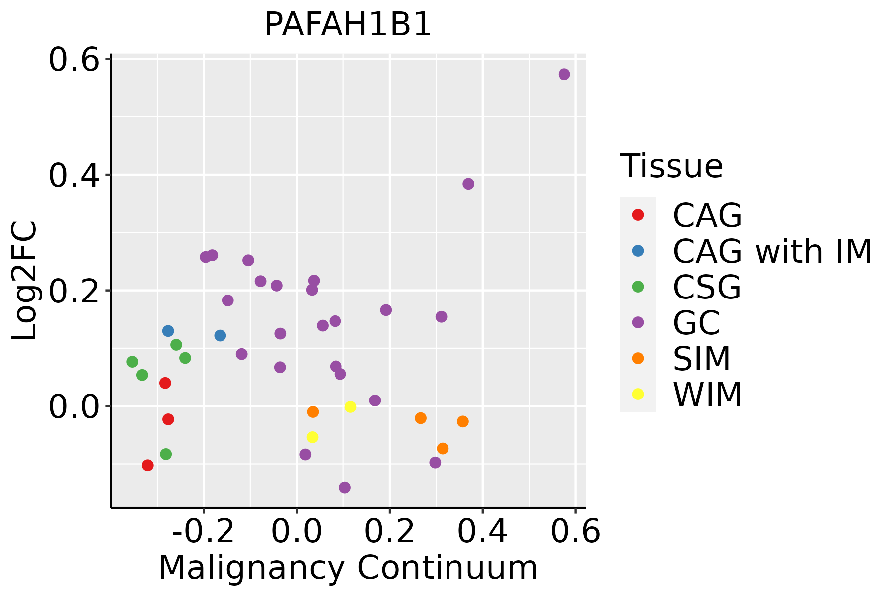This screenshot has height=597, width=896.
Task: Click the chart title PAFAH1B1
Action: (347, 25)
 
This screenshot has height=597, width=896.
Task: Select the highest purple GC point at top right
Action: (564, 74)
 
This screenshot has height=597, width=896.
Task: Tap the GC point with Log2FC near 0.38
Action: (468, 184)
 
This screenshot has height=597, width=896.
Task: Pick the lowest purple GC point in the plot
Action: (345, 487)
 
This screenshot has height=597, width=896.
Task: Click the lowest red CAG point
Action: (147, 465)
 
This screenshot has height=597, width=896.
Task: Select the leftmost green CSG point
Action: (132, 362)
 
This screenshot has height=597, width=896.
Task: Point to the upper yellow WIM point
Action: (350, 407)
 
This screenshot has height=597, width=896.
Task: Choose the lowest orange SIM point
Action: (443, 449)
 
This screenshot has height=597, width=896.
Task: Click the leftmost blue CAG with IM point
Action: (168, 331)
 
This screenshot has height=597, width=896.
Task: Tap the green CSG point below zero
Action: (166, 454)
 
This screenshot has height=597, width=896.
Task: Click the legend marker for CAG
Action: (638, 215)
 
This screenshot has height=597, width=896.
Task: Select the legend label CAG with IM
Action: (772, 251)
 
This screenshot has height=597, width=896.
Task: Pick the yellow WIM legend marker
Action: (638, 394)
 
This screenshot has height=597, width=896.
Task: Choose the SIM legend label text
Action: (701, 358)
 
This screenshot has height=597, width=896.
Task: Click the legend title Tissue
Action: (671, 166)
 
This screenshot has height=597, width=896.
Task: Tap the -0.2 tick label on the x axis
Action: (203, 532)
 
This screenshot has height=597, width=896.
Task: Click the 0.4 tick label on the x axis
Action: (482, 532)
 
